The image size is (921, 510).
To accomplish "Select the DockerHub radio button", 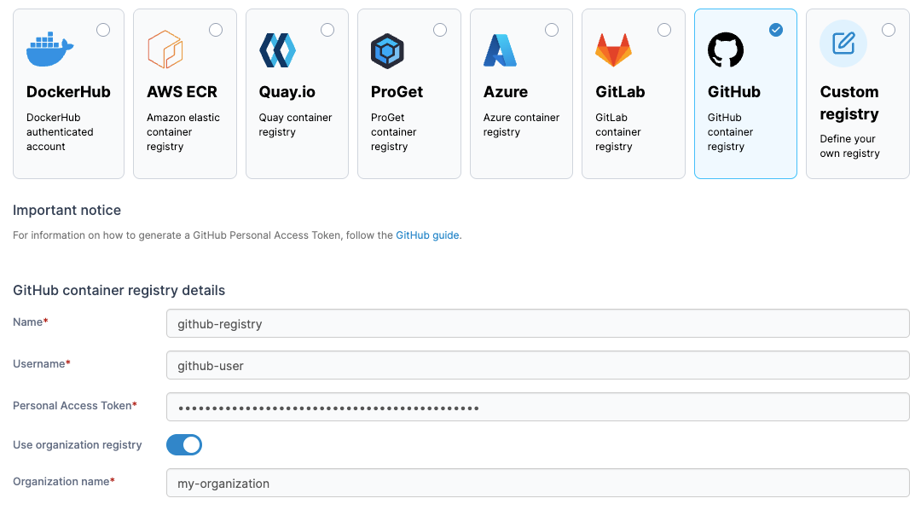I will click(103, 31).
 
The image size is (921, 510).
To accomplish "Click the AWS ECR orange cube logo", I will click(165, 49).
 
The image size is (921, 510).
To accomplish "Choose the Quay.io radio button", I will click(327, 31).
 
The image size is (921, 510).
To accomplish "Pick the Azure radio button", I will click(552, 31).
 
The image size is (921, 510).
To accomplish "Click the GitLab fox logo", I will click(613, 50).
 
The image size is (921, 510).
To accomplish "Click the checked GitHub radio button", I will click(776, 30).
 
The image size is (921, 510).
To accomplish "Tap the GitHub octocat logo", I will click(726, 50).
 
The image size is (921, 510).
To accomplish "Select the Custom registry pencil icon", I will click(843, 43).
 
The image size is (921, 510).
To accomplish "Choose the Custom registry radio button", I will click(889, 31).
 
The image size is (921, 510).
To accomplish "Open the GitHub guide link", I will click(427, 235).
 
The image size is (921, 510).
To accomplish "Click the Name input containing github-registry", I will click(537, 324).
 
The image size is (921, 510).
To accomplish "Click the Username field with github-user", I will click(537, 366).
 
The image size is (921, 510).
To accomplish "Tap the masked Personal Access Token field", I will click(537, 408).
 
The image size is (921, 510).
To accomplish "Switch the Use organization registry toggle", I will click(184, 445).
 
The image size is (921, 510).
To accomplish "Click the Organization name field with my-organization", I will click(537, 484).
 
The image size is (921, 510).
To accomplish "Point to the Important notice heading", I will click(67, 211).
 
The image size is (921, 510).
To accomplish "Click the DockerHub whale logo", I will click(50, 50).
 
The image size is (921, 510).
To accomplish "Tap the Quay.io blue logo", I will click(277, 50).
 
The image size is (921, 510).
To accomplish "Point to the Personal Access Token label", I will click(72, 406).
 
